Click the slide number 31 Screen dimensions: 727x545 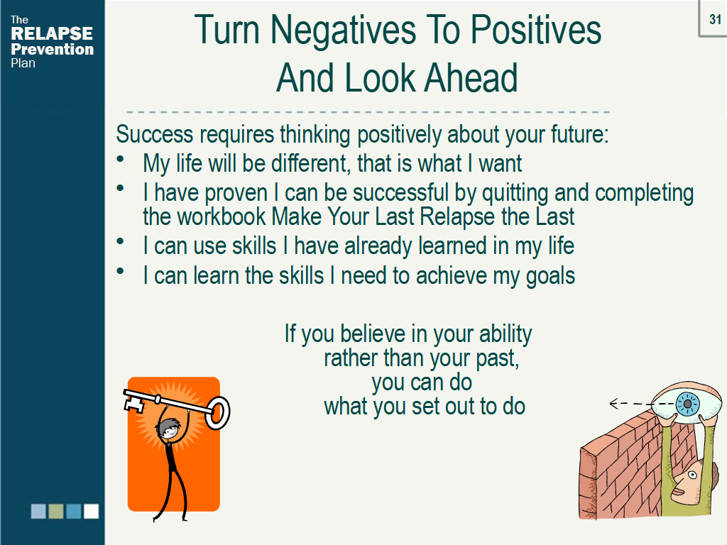(x=715, y=19)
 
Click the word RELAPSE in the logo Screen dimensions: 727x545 (x=52, y=34)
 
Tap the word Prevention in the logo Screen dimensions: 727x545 (x=53, y=49)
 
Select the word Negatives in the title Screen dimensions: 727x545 (x=343, y=30)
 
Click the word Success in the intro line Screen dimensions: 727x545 (x=154, y=134)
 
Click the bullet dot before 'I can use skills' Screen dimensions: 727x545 (x=121, y=241)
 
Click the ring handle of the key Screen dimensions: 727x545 (x=217, y=412)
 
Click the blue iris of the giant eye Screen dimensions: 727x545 (x=687, y=404)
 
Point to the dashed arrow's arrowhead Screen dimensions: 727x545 (x=614, y=404)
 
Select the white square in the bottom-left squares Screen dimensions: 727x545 (x=92, y=511)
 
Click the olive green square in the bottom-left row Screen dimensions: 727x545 (x=56, y=511)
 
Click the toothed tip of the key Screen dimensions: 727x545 (x=134, y=402)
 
